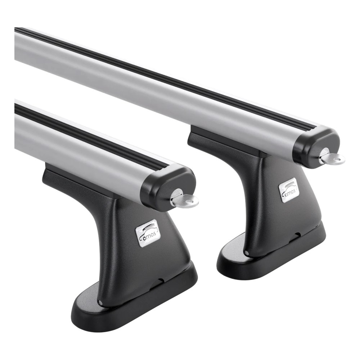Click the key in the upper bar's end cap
pos(332,157)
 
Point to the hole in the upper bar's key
pos(337,158)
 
